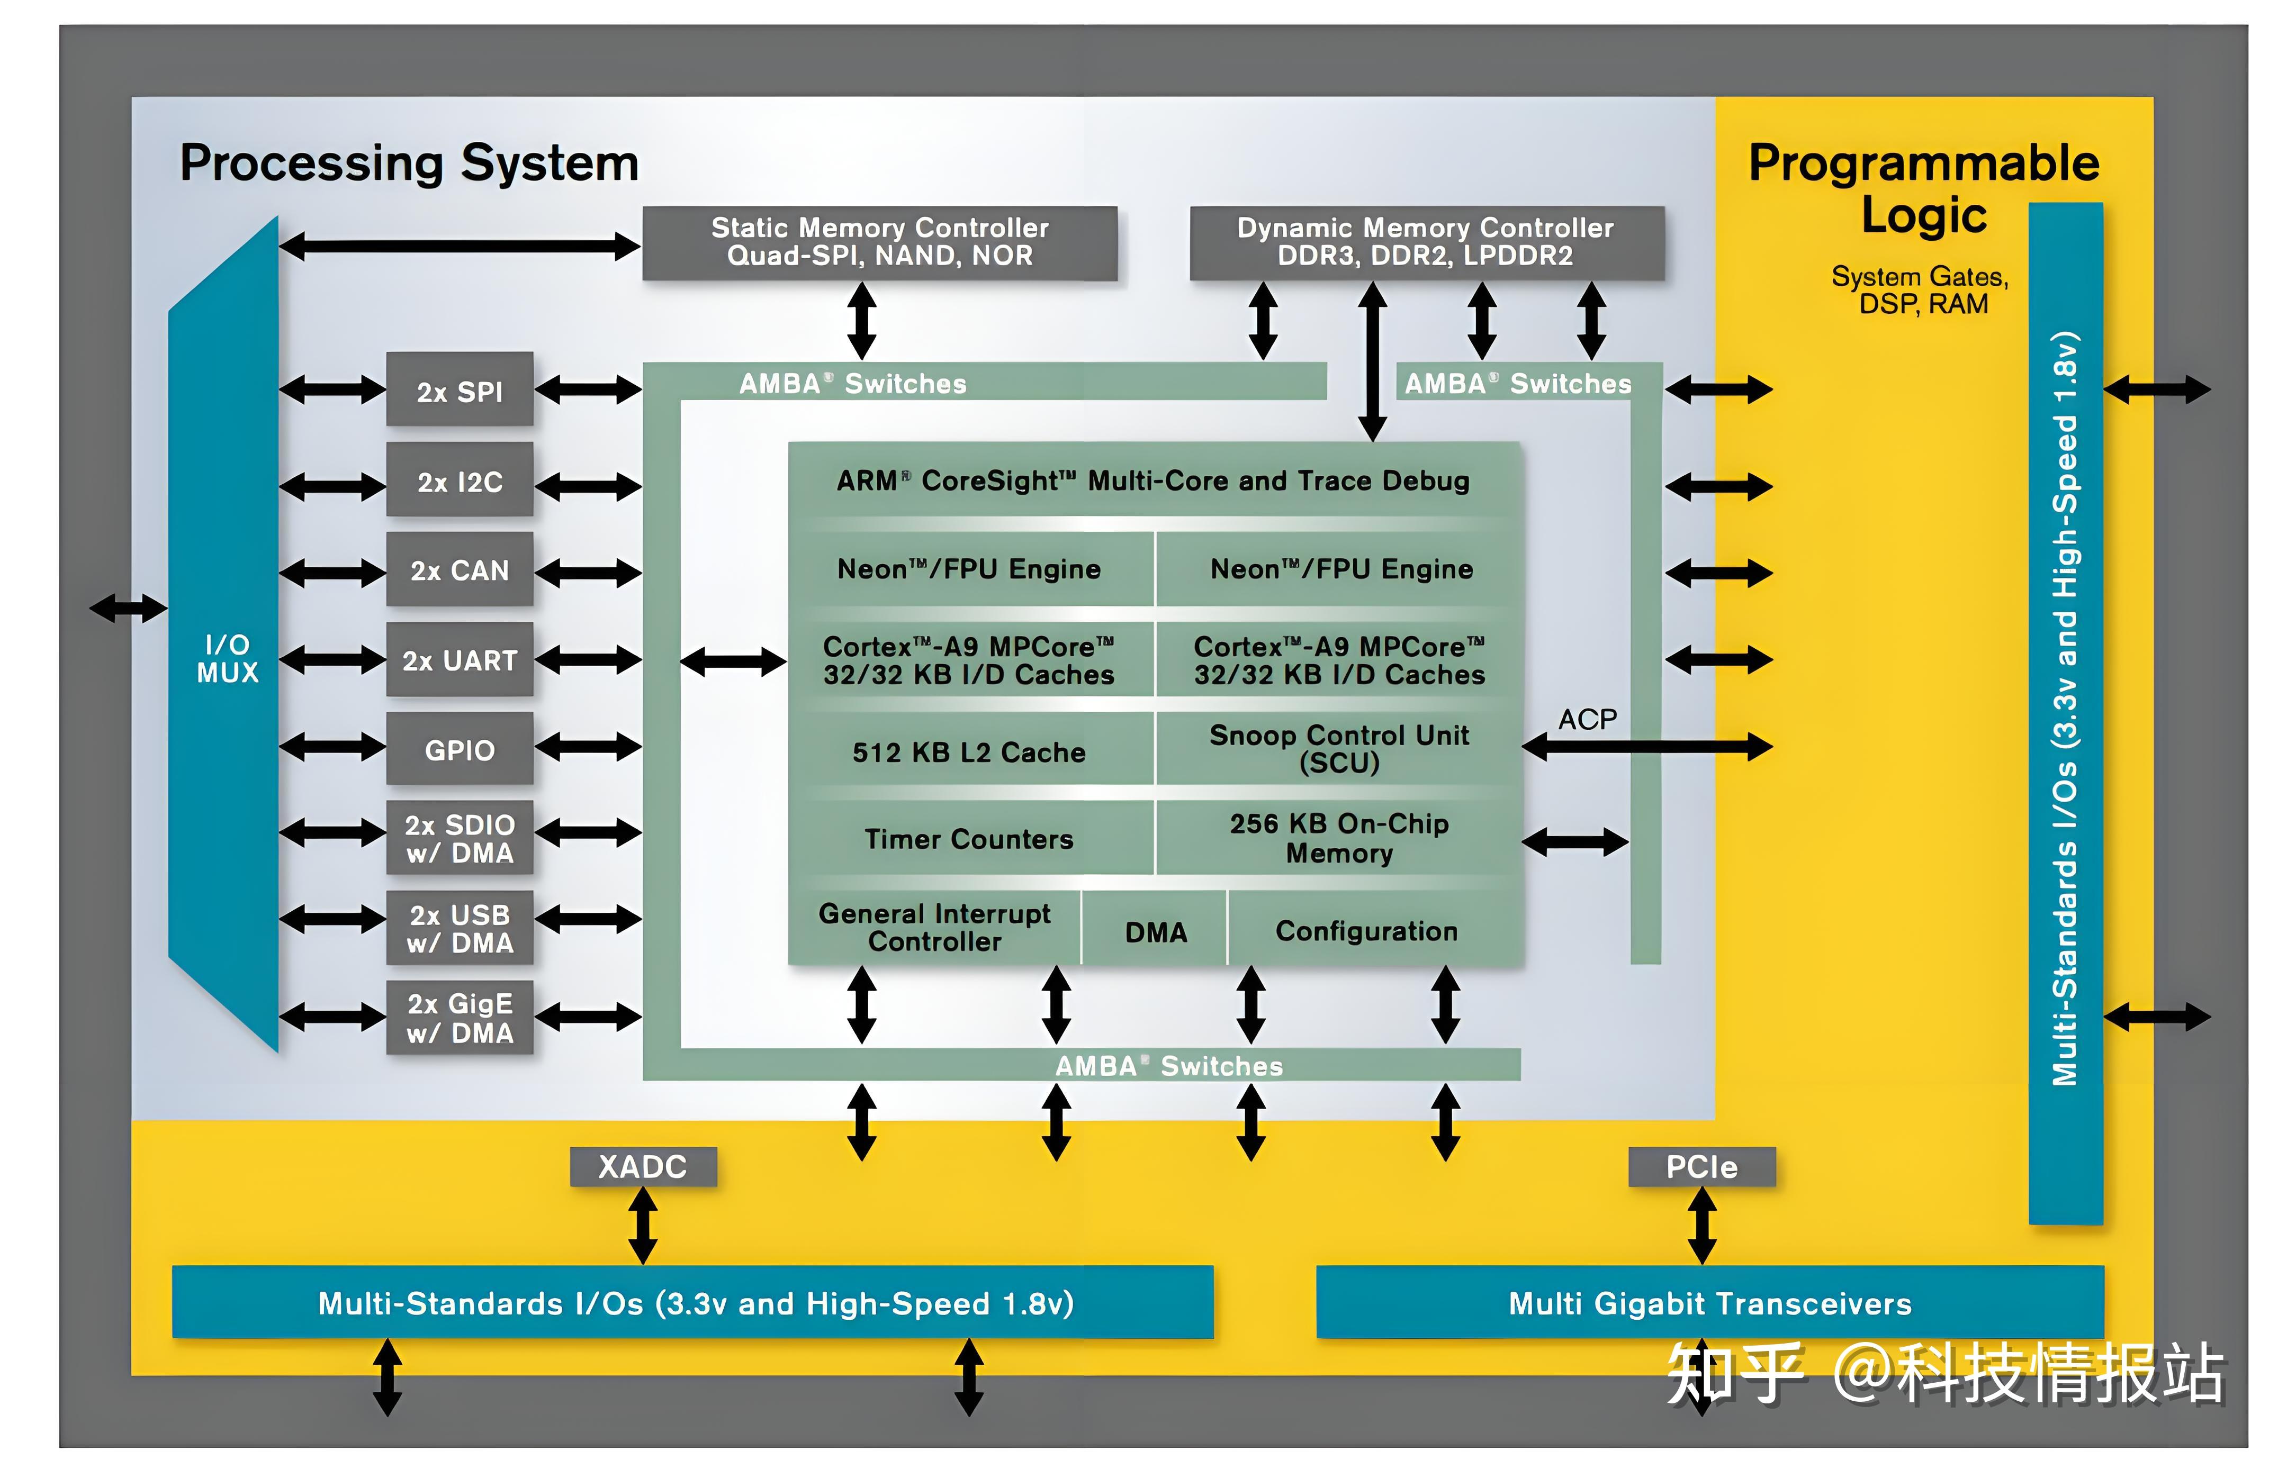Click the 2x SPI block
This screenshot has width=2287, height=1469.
pos(459,390)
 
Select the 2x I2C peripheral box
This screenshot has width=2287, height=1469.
pos(459,481)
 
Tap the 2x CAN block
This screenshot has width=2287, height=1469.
pos(459,570)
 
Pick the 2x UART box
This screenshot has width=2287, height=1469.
pos(459,660)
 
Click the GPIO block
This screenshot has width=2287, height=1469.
pos(459,750)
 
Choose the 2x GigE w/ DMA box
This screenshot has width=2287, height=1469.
pos(459,1018)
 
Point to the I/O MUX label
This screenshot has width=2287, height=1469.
pos(227,658)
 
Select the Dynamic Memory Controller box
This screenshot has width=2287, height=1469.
pos(1426,242)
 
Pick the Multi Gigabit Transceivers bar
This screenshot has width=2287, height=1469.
pos(1709,1303)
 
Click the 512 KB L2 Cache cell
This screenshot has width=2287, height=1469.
pos(968,751)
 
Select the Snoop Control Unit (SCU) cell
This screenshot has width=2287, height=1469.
pos(1339,749)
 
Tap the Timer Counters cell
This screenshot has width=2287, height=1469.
pos(968,838)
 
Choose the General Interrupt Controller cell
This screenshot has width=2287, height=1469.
pos(934,927)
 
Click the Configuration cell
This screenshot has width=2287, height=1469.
pos(1366,930)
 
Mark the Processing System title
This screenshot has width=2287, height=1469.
pos(409,163)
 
